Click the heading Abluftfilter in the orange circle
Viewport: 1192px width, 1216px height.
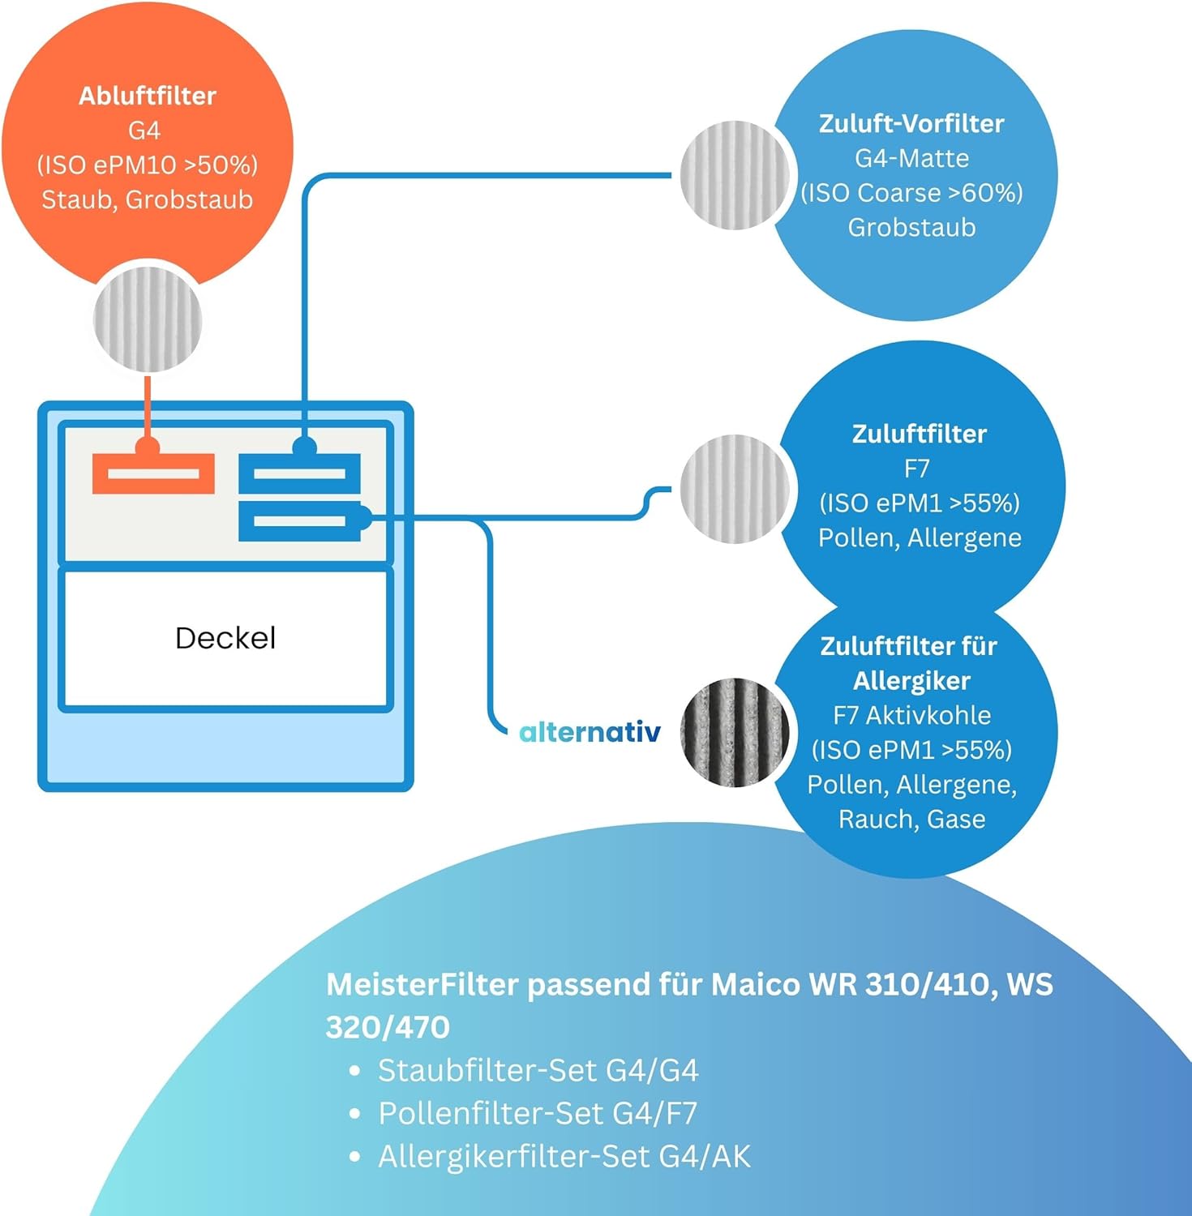coord(147,96)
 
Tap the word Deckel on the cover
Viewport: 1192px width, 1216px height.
coord(225,638)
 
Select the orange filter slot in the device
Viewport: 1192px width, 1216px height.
coord(153,473)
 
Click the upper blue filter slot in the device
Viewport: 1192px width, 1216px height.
coord(299,473)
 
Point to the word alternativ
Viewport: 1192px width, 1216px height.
coord(590,732)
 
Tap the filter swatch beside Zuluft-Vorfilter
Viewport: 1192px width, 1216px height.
coord(735,174)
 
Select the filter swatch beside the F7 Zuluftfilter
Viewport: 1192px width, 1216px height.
coord(735,489)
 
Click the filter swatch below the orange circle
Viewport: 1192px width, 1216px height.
coord(148,320)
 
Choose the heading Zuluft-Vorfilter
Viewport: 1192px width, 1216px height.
coord(911,123)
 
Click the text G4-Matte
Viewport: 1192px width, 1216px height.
coord(911,158)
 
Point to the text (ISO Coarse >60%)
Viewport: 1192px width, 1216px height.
coord(911,193)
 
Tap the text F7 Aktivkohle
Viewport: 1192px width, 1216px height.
coord(911,715)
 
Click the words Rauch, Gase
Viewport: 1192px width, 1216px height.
coord(911,819)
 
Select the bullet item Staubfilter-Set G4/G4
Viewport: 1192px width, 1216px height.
coord(538,1070)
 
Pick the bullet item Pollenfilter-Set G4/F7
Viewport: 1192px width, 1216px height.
coord(537,1113)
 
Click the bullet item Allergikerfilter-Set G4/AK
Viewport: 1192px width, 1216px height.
coord(564,1156)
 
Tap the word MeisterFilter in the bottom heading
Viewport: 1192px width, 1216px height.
coord(422,984)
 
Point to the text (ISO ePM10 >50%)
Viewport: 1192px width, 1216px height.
coord(147,165)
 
